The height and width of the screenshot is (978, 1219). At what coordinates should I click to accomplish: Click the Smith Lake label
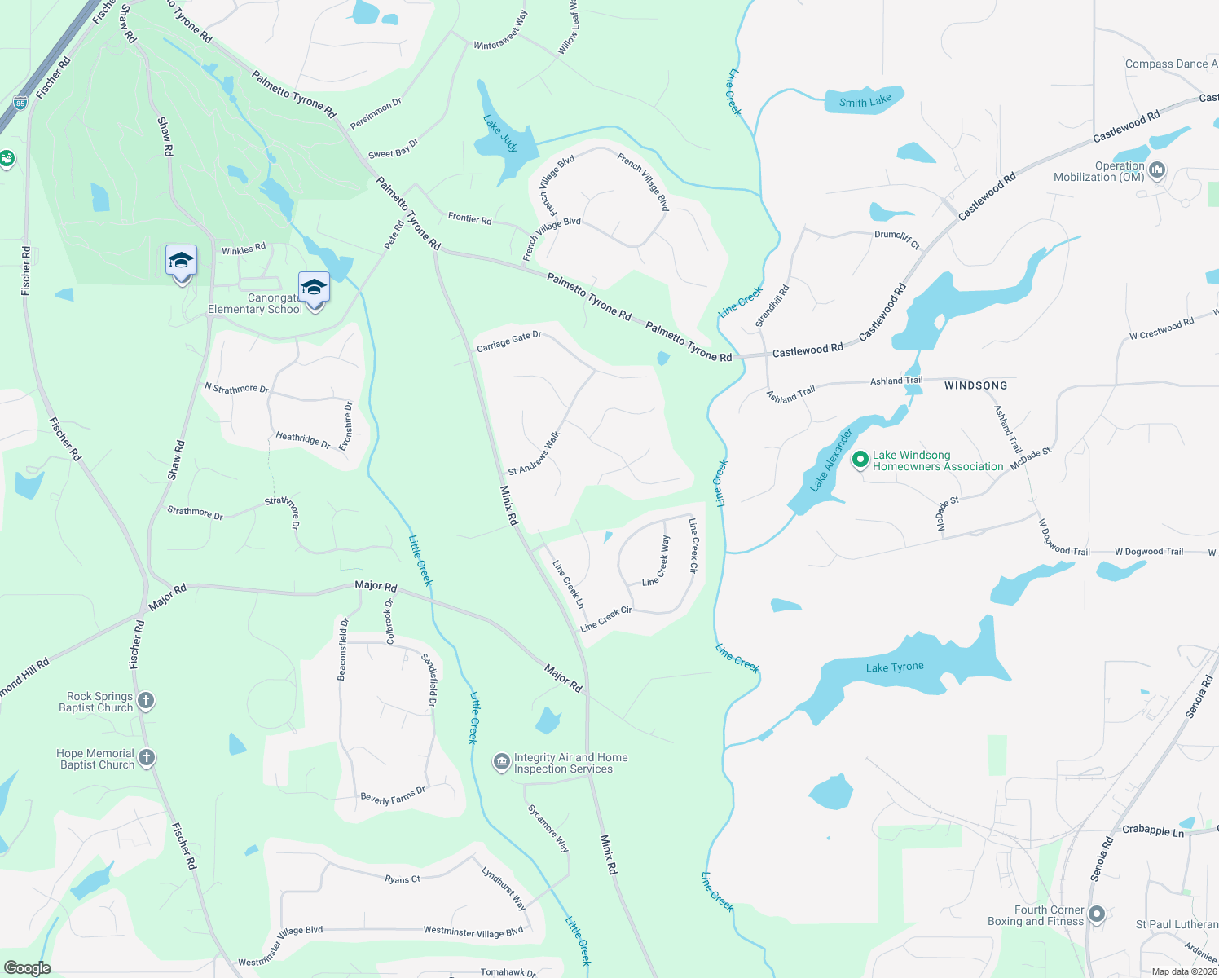tap(865, 101)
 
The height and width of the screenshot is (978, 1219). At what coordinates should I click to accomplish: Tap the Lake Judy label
tap(500, 134)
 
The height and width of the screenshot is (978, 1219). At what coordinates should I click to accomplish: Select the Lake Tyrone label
tap(895, 667)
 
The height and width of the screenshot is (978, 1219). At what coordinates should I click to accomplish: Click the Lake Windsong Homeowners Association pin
tap(860, 460)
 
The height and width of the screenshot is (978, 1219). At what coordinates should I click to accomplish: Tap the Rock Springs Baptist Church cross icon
tap(146, 701)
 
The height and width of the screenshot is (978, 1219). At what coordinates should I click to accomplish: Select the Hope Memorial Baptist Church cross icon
tap(147, 758)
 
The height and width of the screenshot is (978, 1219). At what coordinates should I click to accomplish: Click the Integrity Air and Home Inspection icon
tap(502, 762)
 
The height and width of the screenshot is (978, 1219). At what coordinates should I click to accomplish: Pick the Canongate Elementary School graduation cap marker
tap(314, 289)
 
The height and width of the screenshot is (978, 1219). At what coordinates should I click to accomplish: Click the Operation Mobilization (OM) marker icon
tap(1157, 171)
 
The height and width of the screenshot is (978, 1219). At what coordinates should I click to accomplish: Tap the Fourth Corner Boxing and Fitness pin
tap(1097, 914)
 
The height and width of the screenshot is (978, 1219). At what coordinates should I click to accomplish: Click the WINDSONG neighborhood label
tap(975, 385)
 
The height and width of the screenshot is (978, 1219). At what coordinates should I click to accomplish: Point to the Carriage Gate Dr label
tap(509, 341)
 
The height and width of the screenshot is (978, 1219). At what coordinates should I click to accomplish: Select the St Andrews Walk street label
tap(535, 454)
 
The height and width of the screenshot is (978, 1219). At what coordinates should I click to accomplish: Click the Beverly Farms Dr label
tap(393, 795)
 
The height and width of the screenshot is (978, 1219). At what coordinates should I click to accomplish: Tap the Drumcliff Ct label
tap(896, 239)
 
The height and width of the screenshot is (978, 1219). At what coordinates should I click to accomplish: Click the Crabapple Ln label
tap(1152, 830)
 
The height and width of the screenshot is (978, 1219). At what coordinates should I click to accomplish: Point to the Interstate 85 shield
tap(20, 103)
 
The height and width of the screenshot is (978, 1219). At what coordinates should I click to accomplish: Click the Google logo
tap(27, 967)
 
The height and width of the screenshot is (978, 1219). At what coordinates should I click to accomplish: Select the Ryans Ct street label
tap(403, 879)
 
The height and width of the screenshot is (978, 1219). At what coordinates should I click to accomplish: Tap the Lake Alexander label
tap(831, 460)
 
